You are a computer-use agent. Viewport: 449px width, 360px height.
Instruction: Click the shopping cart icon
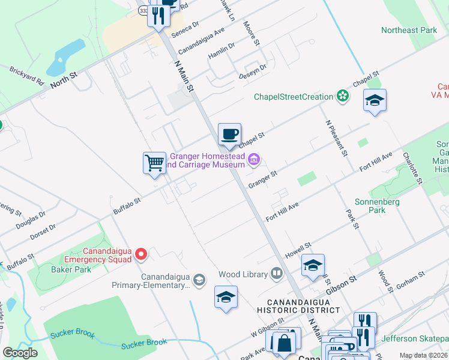[154, 163]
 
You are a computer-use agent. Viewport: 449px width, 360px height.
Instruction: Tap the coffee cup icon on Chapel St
[229, 134]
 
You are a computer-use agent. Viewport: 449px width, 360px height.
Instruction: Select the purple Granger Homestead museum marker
[254, 160]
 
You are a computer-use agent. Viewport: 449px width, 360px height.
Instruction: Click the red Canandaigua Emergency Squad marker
[142, 254]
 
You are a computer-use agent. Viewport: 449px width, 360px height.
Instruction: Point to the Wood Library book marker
[276, 274]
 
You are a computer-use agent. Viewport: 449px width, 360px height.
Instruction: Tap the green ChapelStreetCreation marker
[342, 96]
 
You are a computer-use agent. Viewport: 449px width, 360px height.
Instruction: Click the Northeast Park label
[409, 30]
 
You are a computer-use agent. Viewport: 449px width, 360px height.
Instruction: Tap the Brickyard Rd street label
[27, 76]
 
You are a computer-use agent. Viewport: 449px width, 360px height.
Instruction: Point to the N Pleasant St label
[337, 138]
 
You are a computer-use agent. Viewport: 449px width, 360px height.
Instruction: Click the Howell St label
[298, 251]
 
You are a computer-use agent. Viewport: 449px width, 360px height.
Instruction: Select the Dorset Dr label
[43, 233]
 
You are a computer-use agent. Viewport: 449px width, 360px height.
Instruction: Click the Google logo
[20, 353]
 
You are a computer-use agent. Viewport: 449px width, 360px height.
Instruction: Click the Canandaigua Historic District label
[298, 305]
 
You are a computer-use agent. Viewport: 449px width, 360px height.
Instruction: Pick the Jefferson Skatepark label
[415, 338]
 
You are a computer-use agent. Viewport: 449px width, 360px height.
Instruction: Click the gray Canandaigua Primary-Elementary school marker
[199, 280]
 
